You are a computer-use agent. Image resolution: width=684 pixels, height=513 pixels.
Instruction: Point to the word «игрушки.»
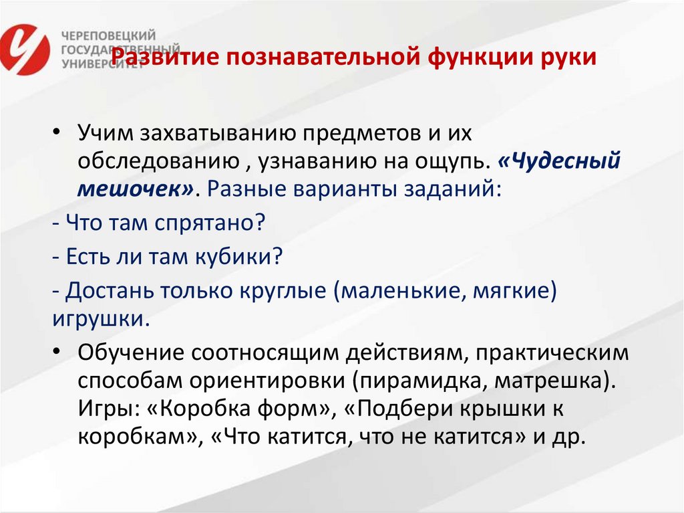pyautogui.click(x=99, y=318)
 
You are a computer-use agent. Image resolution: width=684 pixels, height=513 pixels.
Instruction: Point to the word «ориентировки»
pyautogui.click(x=272, y=380)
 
